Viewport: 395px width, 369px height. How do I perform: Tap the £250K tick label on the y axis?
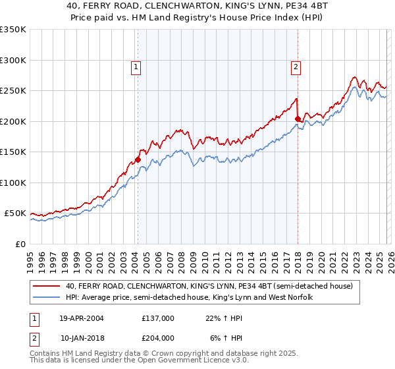[13, 91]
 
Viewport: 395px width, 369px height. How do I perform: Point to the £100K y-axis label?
[13, 183]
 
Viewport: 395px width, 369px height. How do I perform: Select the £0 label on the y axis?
[20, 244]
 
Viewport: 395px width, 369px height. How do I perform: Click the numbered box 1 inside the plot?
[136, 66]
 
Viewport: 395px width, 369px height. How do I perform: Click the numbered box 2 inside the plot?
[296, 66]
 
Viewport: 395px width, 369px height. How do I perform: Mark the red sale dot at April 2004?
[138, 159]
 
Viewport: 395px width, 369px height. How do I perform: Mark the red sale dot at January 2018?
[298, 119]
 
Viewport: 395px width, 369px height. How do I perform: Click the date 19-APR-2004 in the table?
[82, 318]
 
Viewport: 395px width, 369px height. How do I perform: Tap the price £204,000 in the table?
[158, 337]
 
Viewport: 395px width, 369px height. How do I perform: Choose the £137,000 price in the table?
[158, 318]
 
